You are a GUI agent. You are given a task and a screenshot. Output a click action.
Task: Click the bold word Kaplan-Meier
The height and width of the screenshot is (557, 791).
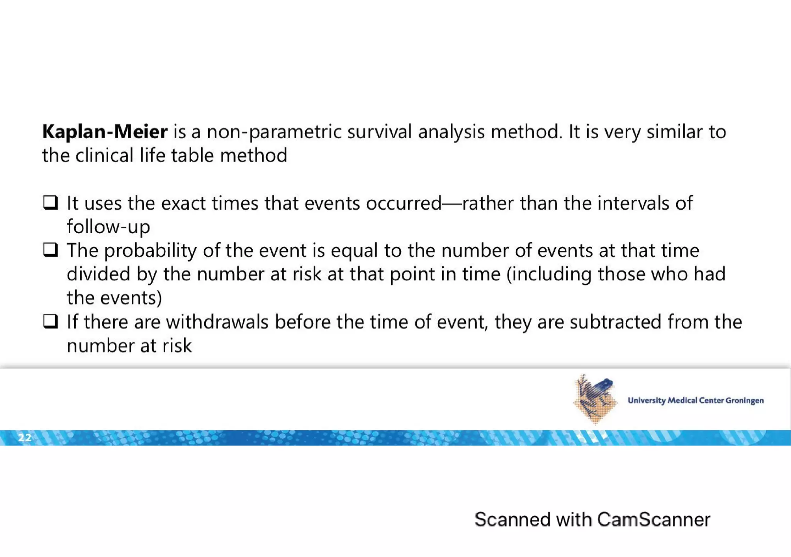(105, 132)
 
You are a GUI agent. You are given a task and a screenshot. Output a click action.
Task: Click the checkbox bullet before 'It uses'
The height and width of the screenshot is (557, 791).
(50, 202)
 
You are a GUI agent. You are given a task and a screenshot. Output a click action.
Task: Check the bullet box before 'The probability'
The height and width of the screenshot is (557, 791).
(50, 250)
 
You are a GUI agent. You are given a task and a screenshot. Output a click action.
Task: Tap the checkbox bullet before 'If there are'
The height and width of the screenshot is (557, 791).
(50, 321)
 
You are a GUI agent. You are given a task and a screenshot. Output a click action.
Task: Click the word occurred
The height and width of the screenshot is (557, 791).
(404, 203)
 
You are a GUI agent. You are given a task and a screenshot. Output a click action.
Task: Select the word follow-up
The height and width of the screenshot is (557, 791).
(108, 227)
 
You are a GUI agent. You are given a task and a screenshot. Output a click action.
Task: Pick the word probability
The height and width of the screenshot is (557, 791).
(150, 251)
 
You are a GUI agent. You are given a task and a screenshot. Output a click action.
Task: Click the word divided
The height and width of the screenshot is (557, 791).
(98, 274)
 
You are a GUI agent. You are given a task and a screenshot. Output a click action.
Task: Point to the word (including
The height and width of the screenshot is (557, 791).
(549, 275)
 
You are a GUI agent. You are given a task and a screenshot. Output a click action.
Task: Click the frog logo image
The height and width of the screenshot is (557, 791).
(594, 399)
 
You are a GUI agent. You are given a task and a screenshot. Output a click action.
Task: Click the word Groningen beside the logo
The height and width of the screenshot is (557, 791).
(744, 401)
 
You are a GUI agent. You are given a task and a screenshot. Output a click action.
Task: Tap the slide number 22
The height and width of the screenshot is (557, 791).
(25, 438)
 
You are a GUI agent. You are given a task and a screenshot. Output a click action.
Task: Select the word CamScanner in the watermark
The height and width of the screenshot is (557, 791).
(654, 520)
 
